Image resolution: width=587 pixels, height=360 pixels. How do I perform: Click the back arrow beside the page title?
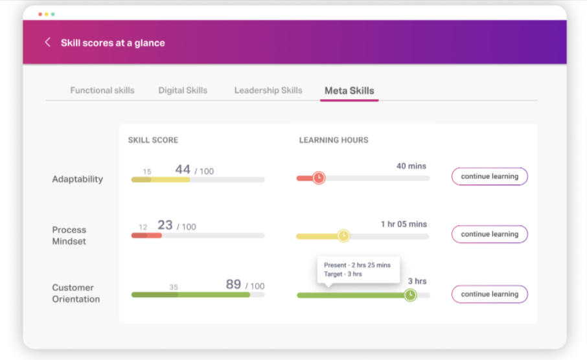[47, 43]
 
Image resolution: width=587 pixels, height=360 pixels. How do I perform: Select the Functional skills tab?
[102, 91]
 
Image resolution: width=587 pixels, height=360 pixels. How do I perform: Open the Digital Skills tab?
[183, 91]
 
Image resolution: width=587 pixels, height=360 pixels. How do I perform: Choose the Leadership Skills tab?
[268, 91]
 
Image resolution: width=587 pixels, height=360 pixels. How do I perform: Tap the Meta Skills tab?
[349, 91]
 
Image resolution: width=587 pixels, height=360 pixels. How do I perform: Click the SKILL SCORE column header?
[153, 140]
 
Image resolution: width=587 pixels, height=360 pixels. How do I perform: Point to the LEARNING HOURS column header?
[334, 140]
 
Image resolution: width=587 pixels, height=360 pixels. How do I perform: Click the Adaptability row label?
[77, 179]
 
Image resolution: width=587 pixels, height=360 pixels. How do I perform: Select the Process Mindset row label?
[69, 236]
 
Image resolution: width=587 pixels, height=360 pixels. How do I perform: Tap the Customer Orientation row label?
[76, 293]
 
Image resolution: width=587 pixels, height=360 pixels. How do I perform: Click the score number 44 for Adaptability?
[183, 170]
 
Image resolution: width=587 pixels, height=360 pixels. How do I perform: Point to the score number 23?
[165, 225]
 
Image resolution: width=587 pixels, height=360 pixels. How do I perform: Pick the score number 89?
[233, 284]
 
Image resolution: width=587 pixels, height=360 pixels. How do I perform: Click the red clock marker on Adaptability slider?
[319, 178]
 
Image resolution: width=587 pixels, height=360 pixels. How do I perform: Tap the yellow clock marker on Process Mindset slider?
[343, 236]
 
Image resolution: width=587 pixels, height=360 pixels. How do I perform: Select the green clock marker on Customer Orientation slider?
[410, 295]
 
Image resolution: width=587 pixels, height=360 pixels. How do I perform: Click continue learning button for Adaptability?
[489, 176]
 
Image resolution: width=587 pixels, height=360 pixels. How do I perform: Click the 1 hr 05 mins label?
[404, 224]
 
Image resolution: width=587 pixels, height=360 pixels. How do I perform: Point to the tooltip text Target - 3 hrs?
[343, 274]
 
